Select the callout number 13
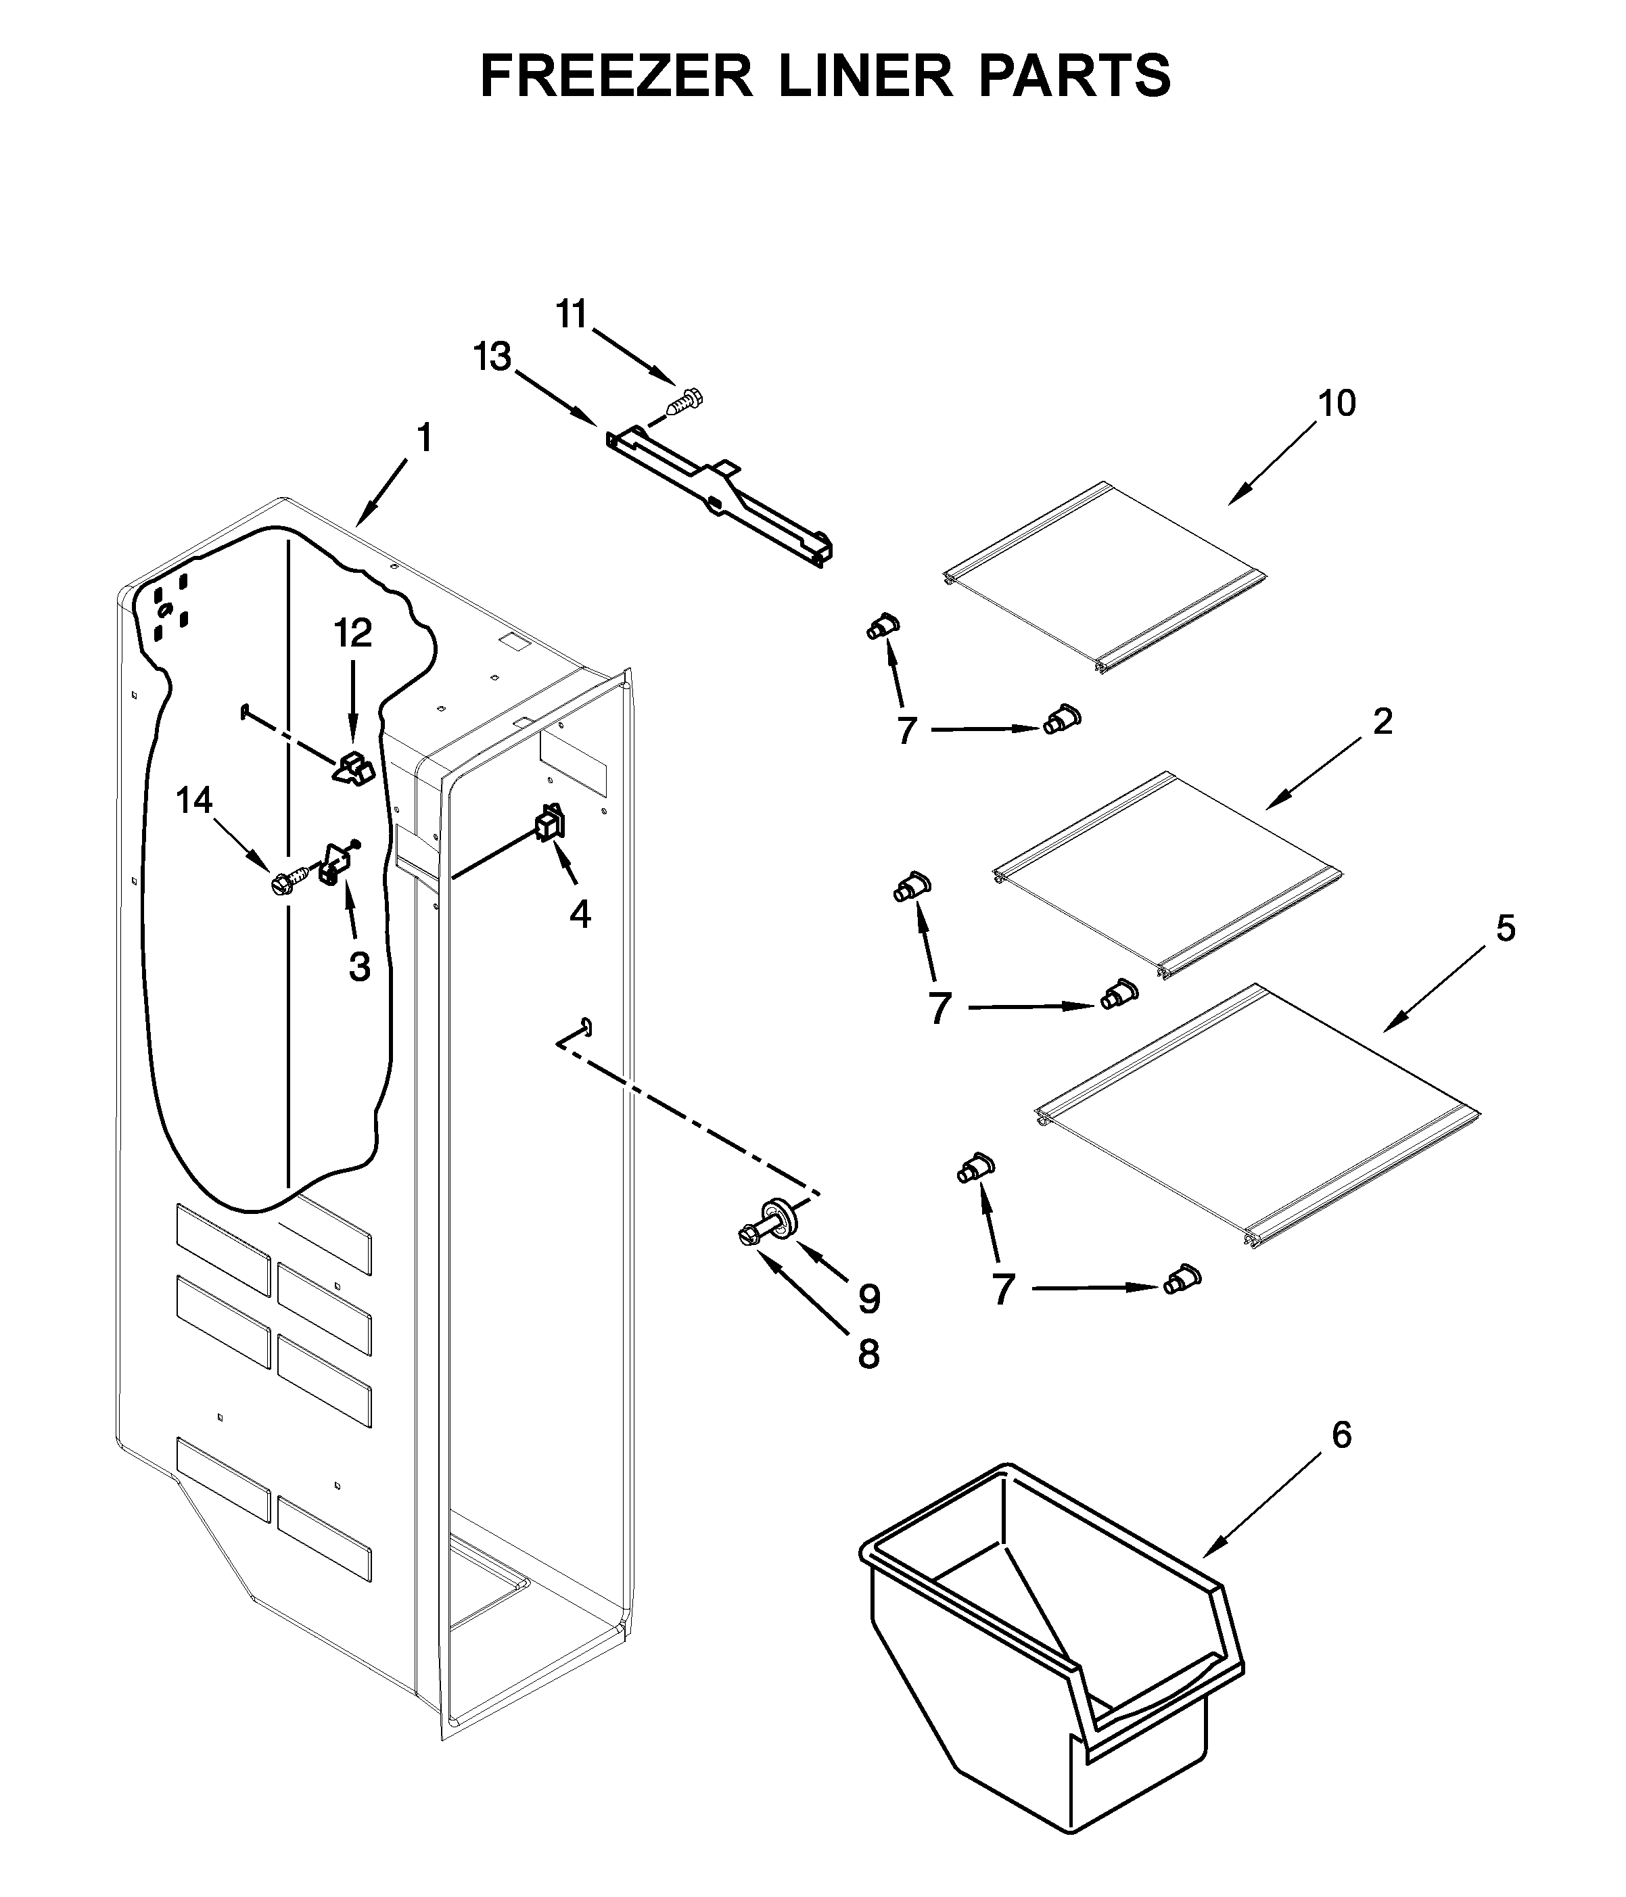492,357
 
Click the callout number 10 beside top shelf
1337,403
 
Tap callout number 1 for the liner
424,438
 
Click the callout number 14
194,801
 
